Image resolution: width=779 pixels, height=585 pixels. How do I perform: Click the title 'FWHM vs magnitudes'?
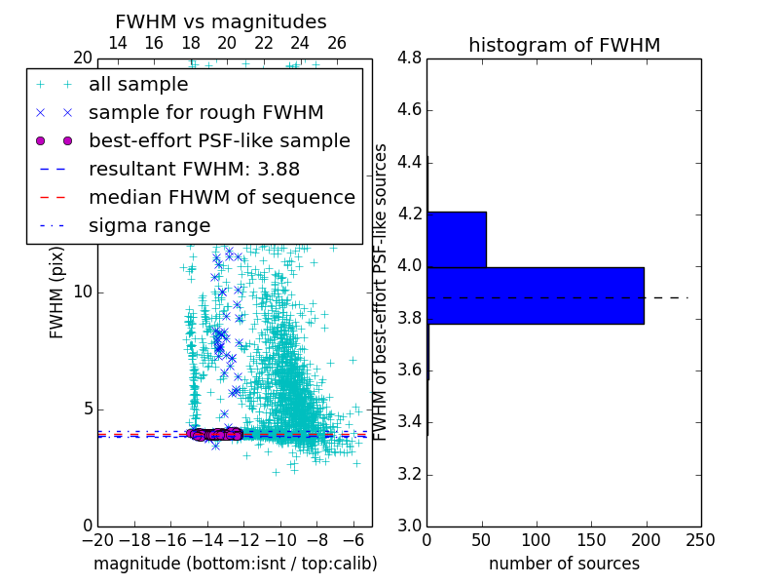pyautogui.click(x=221, y=21)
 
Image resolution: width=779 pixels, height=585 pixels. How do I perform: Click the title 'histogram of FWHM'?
pyautogui.click(x=564, y=45)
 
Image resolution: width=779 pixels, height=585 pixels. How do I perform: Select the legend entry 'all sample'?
pyautogui.click(x=138, y=84)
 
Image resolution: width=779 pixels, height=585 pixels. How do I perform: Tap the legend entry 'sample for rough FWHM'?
pyautogui.click(x=205, y=112)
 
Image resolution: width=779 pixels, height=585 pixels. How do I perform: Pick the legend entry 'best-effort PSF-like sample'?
pyautogui.click(x=219, y=140)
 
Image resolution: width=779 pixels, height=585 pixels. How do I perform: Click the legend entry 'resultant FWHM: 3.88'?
pyautogui.click(x=194, y=169)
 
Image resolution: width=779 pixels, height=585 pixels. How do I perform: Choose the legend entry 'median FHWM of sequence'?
pyautogui.click(x=221, y=197)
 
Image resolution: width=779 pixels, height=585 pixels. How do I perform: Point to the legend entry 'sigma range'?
pyautogui.click(x=149, y=225)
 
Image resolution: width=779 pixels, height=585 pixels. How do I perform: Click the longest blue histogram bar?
pyautogui.click(x=535, y=295)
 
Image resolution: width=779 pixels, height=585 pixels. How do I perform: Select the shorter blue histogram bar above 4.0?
pyautogui.click(x=457, y=239)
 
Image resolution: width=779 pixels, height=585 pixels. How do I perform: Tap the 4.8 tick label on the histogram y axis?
pyautogui.click(x=409, y=58)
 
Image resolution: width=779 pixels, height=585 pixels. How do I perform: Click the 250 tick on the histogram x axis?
pyautogui.click(x=700, y=538)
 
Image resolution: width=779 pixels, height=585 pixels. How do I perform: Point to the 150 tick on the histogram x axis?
pyautogui.click(x=591, y=538)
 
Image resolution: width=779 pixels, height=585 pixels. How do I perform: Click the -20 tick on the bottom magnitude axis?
pyautogui.click(x=97, y=538)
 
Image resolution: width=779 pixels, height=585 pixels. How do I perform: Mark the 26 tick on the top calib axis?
pyautogui.click(x=337, y=43)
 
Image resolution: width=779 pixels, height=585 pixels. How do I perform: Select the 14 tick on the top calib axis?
pyautogui.click(x=117, y=43)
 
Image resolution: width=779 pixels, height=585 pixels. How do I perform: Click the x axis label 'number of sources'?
pyautogui.click(x=564, y=564)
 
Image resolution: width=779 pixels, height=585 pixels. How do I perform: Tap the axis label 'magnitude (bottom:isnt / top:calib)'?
pyautogui.click(x=235, y=564)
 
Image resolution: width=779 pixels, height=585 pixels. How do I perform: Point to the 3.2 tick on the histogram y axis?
pyautogui.click(x=409, y=474)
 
